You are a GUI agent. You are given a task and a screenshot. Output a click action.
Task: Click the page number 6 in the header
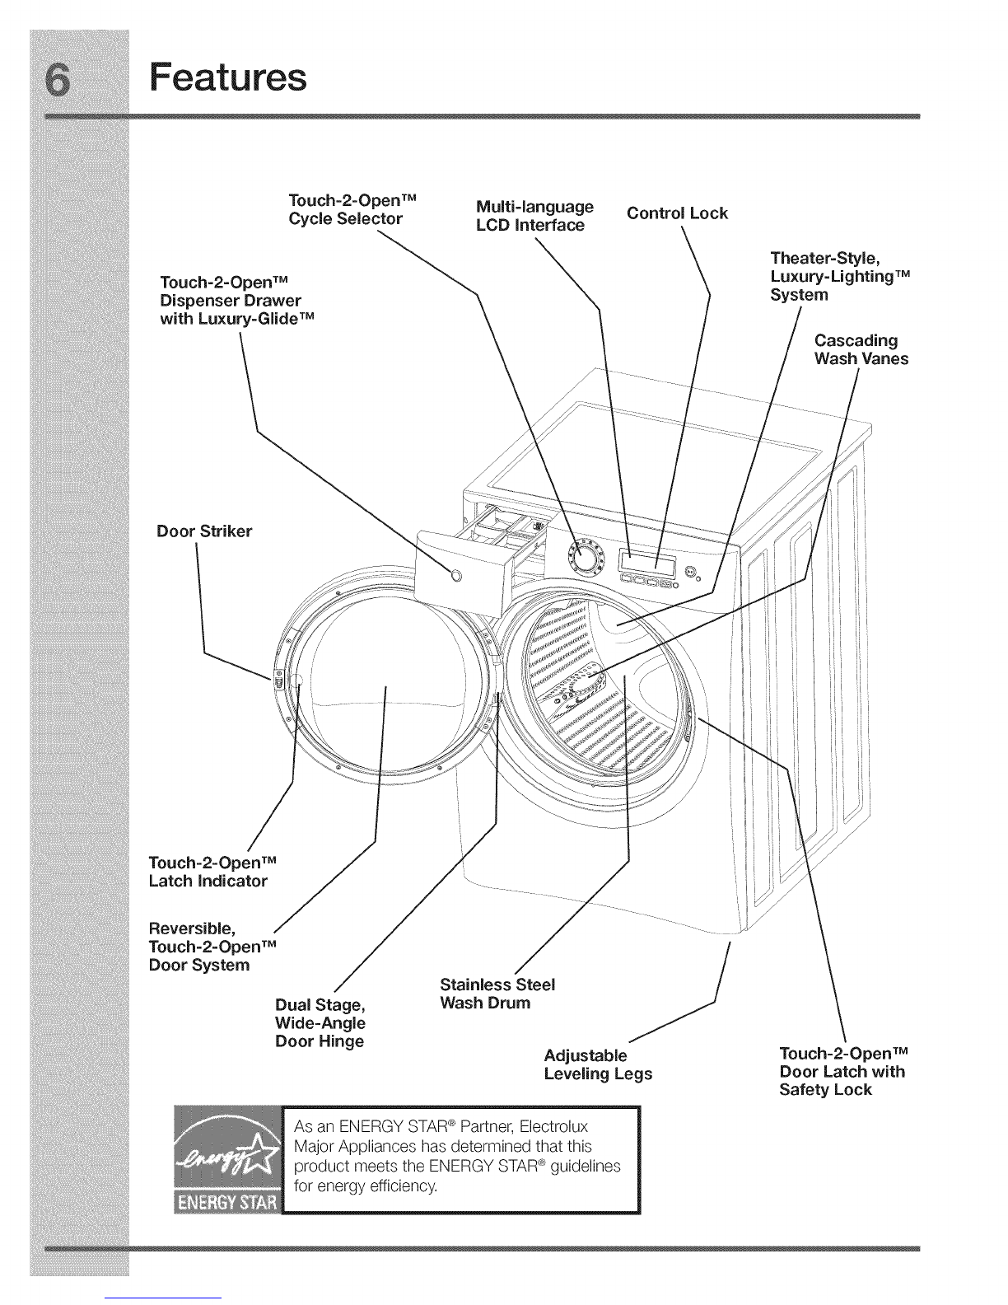tap(79, 79)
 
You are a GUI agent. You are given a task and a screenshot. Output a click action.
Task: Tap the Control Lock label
tap(677, 213)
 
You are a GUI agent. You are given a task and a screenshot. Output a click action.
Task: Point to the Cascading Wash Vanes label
tap(861, 349)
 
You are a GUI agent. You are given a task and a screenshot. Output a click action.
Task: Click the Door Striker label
tap(204, 531)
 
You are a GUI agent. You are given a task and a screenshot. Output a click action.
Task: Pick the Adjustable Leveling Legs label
tap(598, 1064)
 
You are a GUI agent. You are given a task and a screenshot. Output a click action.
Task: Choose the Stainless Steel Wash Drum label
tap(497, 994)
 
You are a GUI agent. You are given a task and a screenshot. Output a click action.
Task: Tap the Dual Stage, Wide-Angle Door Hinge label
tap(320, 1023)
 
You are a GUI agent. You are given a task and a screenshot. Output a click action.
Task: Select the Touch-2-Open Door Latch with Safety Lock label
tap(842, 1072)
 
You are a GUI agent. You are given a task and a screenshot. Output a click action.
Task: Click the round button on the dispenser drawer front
tap(458, 575)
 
